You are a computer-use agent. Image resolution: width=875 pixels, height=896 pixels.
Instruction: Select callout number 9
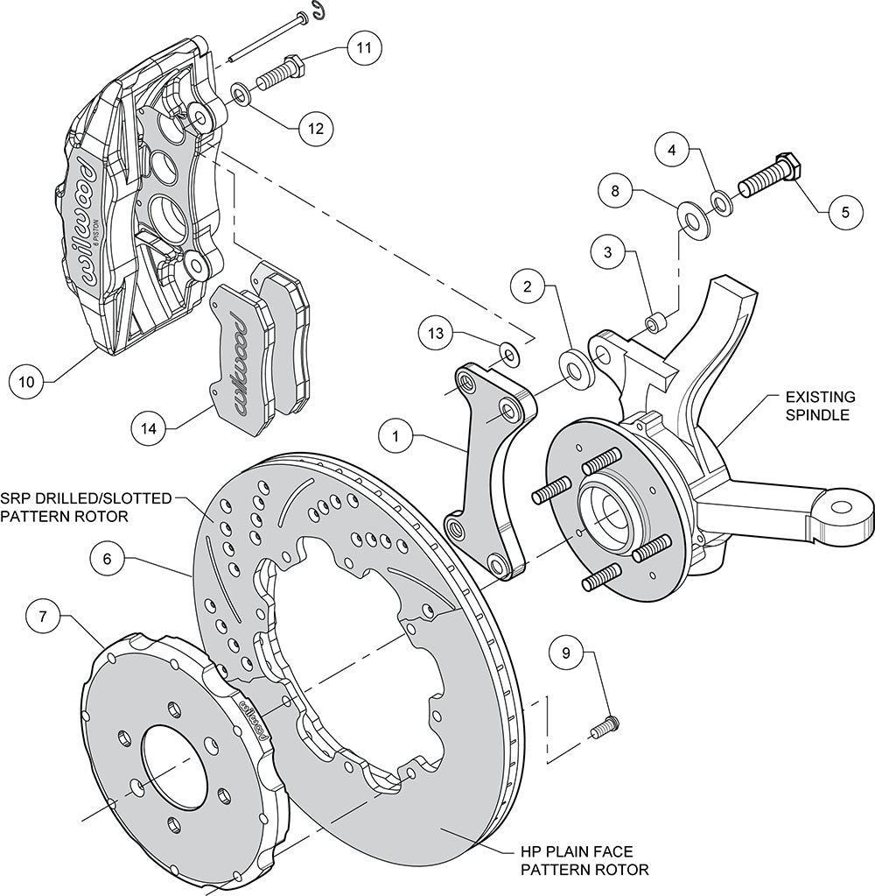click(566, 652)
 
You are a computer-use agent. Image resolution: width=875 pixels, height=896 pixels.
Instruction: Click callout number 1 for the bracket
click(395, 434)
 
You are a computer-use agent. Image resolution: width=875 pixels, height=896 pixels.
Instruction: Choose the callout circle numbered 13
click(437, 333)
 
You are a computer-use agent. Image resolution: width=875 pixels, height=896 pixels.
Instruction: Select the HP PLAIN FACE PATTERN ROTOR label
click(584, 860)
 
